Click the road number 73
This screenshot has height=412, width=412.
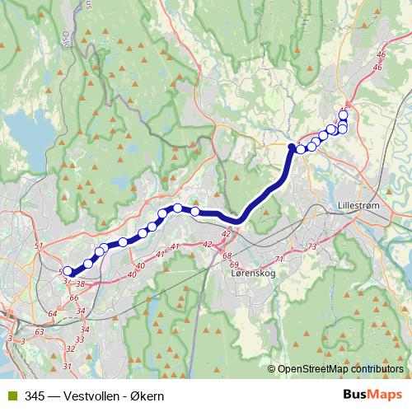(311, 247)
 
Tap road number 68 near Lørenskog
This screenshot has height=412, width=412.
(227, 255)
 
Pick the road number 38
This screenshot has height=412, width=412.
(80, 283)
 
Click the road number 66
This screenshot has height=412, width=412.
(73, 297)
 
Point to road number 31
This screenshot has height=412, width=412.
(68, 366)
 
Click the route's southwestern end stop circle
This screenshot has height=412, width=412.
(68, 271)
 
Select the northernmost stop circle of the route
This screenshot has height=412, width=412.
(344, 115)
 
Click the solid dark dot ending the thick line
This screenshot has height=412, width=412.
(291, 147)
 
